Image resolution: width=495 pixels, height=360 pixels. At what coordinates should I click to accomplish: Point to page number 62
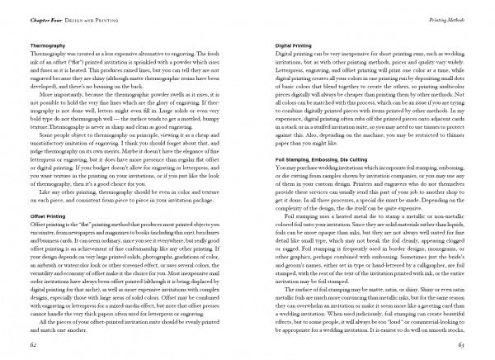coord(33,342)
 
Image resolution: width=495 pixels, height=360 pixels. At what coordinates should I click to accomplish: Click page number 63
coord(461,342)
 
